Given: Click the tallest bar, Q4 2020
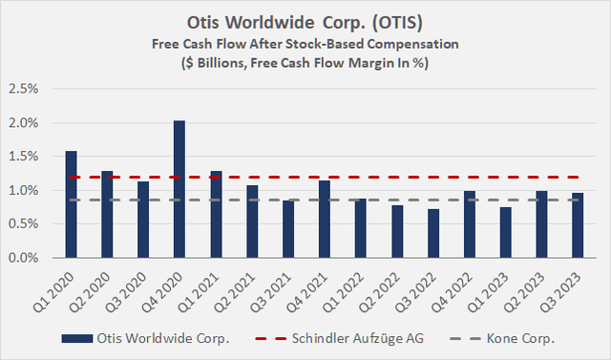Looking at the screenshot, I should tap(179, 189).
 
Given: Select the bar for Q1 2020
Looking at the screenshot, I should tap(71, 204).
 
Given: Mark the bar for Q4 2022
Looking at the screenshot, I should tap(470, 224).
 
